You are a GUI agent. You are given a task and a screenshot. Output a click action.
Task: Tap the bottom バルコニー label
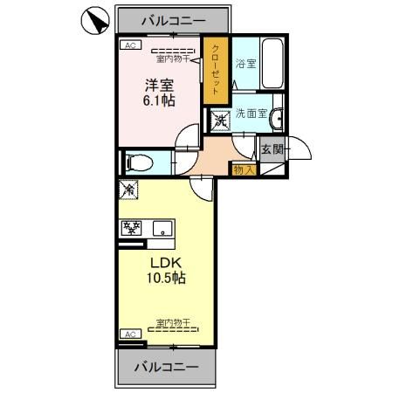point(166,367)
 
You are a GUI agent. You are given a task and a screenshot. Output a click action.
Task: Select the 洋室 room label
point(159,86)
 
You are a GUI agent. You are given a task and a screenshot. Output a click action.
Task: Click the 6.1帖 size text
point(160,102)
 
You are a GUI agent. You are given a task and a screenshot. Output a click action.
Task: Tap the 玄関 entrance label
point(272,149)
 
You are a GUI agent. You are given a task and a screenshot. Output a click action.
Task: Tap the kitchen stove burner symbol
point(133,228)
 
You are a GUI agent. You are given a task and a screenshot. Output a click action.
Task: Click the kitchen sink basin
point(162,229)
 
